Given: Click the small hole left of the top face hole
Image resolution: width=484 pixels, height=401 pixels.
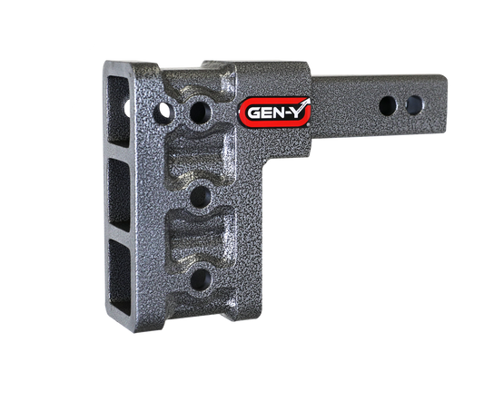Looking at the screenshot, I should coord(165,112).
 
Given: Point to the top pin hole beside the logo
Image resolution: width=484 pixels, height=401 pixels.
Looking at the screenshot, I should coord(198,112).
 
